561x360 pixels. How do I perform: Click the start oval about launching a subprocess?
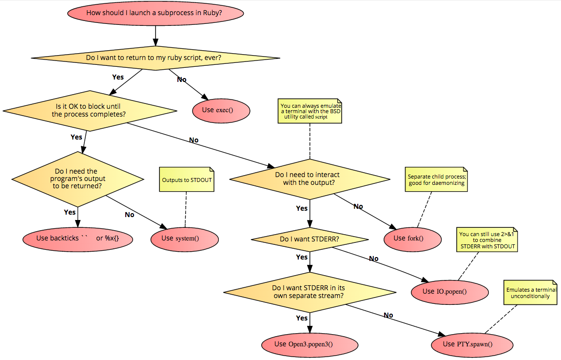(x=155, y=13)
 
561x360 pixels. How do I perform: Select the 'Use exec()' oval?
(x=221, y=110)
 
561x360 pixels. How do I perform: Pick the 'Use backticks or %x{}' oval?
(x=78, y=238)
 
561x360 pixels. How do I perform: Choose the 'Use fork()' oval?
(x=412, y=238)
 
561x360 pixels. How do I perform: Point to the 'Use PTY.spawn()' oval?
(x=472, y=344)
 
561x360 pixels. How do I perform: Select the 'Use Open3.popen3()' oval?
(x=310, y=344)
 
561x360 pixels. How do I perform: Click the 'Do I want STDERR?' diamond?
(x=310, y=239)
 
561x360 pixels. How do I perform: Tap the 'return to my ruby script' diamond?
(x=155, y=58)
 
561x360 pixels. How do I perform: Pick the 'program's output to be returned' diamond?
(x=79, y=179)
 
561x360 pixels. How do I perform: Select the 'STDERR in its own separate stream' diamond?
(x=310, y=292)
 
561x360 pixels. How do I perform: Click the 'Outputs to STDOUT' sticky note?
(x=187, y=180)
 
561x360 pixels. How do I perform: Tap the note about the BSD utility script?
(x=310, y=112)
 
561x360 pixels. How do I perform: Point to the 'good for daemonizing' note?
(x=436, y=180)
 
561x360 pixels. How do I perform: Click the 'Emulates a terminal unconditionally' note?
(x=530, y=293)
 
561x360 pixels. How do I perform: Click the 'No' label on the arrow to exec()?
(x=182, y=80)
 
